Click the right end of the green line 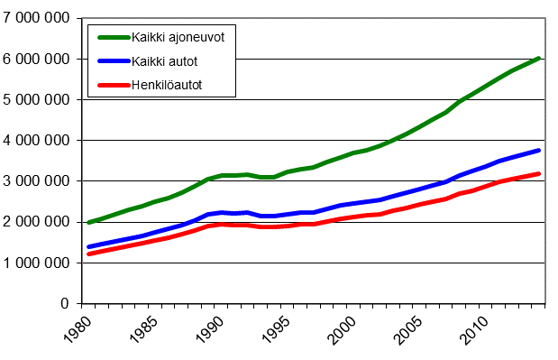pyautogui.click(x=539, y=58)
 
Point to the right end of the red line pyautogui.click(x=539, y=173)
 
